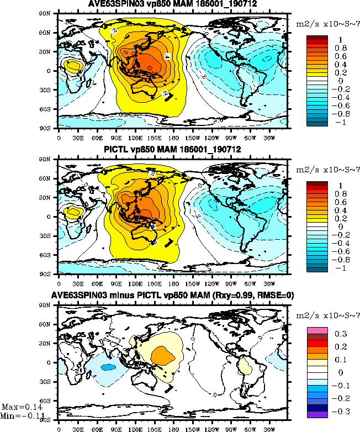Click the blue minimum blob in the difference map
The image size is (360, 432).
point(108,367)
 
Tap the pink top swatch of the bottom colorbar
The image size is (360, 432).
point(317,330)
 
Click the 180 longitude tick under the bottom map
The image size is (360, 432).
point(173,428)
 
